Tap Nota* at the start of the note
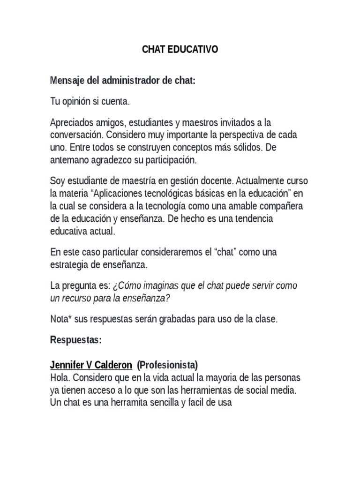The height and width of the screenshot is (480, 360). coord(60,319)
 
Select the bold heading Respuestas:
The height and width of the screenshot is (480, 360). coord(75,340)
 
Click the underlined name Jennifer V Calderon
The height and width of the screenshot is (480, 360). coord(91,364)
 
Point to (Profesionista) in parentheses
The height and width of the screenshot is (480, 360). coord(168,364)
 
